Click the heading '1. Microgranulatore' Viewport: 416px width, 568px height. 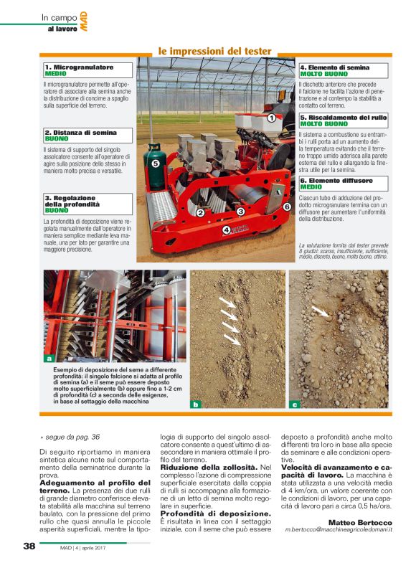pyautogui.click(x=79, y=67)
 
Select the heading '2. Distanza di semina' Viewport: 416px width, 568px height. pyautogui.click(x=80, y=132)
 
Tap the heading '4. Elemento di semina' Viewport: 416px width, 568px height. pyautogui.click(x=335, y=67)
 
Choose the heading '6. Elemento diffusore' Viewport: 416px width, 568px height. pyautogui.click(x=336, y=180)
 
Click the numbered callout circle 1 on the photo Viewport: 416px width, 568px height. pyautogui.click(x=271, y=117)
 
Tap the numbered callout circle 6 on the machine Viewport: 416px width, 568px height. pyautogui.click(x=286, y=207)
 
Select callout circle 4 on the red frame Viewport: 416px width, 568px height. pyautogui.click(x=227, y=230)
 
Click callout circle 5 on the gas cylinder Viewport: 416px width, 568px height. pyautogui.click(x=154, y=164)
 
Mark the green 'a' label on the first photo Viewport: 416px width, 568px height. pyautogui.click(x=49, y=357)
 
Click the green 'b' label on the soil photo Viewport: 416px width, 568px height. pyautogui.click(x=195, y=404)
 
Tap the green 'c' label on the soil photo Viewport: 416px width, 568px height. pyautogui.click(x=294, y=404)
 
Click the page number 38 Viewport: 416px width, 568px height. pyautogui.click(x=29, y=546)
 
